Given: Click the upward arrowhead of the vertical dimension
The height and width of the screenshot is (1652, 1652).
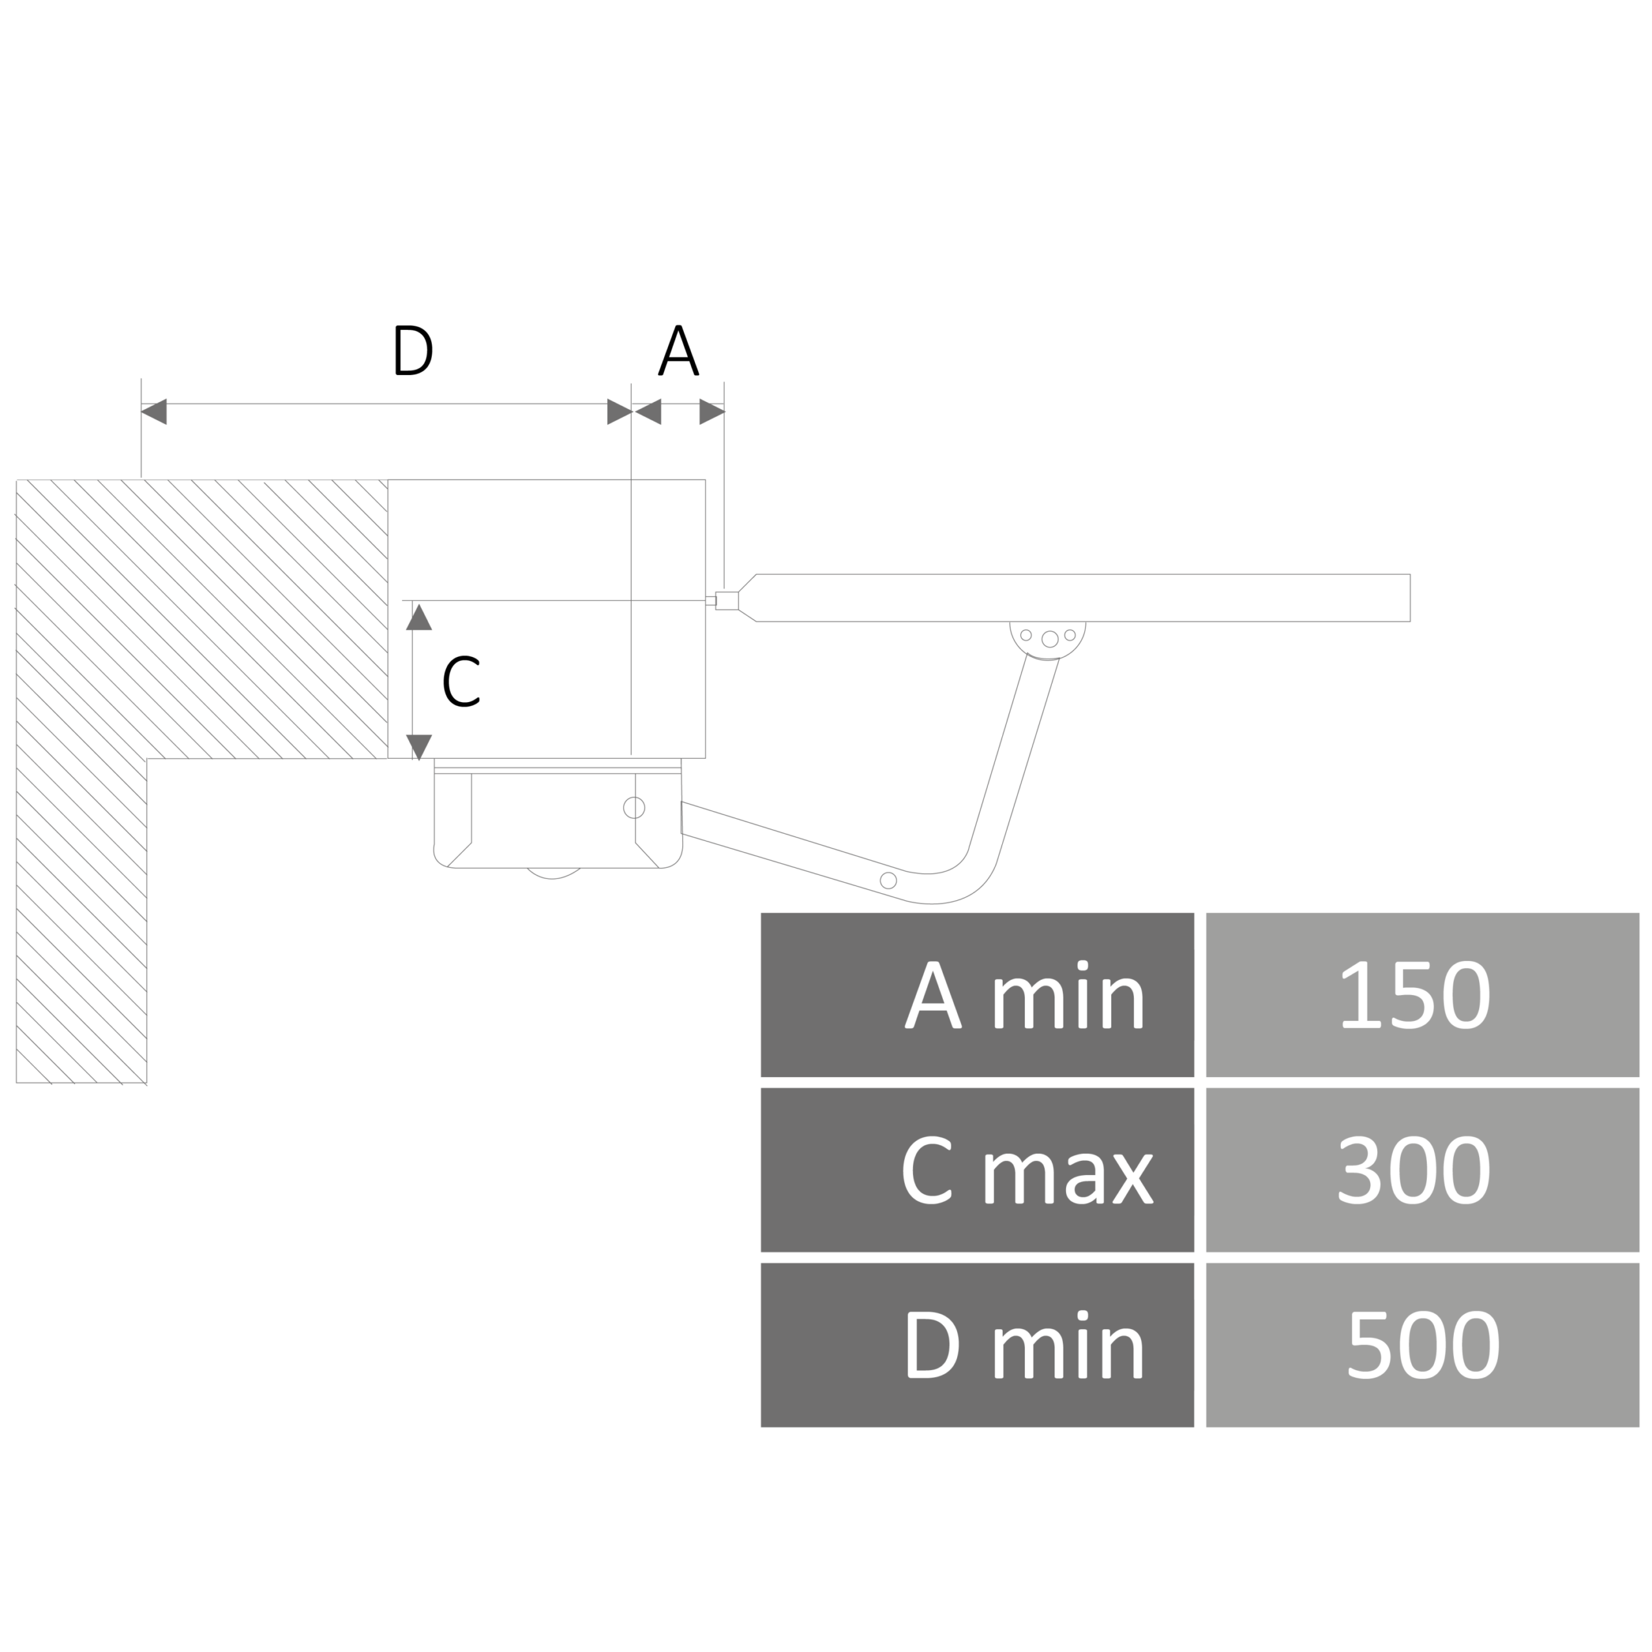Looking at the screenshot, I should (x=418, y=616).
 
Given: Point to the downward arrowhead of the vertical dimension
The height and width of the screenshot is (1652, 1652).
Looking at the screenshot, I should (x=418, y=747).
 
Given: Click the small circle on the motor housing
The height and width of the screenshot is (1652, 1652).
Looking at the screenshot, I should (x=634, y=807).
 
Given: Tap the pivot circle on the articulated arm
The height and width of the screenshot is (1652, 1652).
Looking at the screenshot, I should (x=889, y=880).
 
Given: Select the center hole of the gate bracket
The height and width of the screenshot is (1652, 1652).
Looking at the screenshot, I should (x=1049, y=638).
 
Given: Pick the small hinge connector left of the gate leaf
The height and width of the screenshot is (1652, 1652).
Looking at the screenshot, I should (x=726, y=600).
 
